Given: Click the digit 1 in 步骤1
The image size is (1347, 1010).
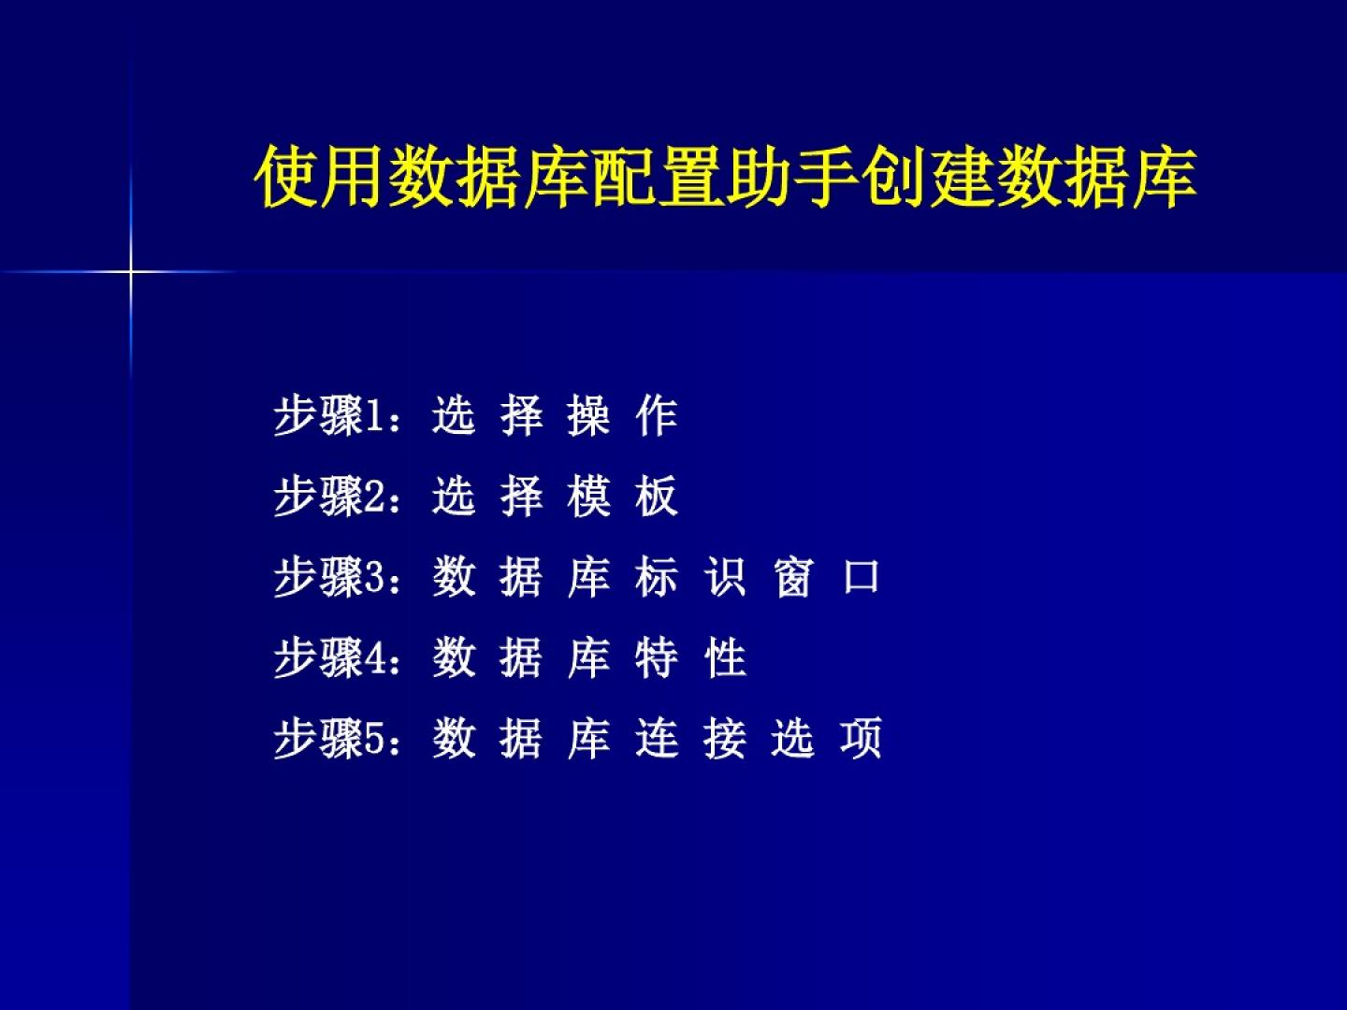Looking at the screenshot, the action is [x=375, y=417].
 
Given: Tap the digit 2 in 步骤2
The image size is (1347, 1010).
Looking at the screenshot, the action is [x=375, y=498].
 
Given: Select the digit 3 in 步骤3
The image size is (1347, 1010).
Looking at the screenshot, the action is [x=375, y=578].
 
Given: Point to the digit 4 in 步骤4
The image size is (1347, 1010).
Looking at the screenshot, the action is [x=375, y=658].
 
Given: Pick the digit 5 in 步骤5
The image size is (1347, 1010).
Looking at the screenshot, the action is [x=375, y=739].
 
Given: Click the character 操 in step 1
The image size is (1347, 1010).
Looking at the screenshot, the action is [x=588, y=416].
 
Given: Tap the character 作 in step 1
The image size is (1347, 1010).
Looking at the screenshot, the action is [x=656, y=416].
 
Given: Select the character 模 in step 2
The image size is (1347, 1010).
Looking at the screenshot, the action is [x=588, y=497].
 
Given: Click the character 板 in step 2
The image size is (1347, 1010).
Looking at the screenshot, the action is [x=656, y=497].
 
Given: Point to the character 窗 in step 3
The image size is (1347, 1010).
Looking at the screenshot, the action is [x=793, y=577].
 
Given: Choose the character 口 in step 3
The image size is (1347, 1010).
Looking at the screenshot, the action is [x=861, y=577].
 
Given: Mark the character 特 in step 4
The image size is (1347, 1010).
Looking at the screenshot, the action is [x=656, y=658].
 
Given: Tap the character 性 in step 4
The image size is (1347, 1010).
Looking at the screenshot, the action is [x=725, y=658].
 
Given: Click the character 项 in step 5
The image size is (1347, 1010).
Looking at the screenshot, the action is [x=861, y=739].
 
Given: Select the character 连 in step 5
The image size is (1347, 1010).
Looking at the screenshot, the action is [x=656, y=739].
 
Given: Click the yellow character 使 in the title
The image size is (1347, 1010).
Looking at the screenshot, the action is [x=286, y=177].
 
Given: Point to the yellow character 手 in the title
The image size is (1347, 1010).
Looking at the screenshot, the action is [x=826, y=177].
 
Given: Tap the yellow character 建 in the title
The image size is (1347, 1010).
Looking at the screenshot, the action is [x=961, y=177].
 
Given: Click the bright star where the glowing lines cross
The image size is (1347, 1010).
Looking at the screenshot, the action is [x=130, y=271].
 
